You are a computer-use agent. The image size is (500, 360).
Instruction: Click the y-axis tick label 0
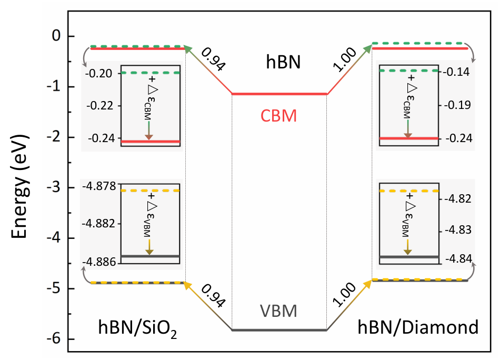[56, 36]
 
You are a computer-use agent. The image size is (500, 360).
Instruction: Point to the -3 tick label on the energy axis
[54, 187]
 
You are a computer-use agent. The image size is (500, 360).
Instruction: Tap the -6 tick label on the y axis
[54, 338]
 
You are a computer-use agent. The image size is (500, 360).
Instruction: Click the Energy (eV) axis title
[20, 186]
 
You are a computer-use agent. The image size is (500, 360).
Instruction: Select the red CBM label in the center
[279, 116]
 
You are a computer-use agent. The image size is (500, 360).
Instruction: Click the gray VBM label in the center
[279, 311]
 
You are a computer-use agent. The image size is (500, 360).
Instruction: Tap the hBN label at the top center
[283, 62]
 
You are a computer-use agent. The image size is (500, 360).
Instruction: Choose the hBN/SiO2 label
[137, 328]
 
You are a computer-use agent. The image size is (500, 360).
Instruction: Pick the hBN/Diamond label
[418, 327]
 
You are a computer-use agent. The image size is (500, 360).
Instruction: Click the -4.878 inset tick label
[99, 186]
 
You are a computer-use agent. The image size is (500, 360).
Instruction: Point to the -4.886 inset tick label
[99, 262]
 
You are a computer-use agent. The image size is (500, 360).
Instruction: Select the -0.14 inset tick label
[457, 72]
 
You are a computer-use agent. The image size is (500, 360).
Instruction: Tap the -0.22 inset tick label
[100, 106]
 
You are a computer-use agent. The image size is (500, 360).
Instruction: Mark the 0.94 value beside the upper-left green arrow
[214, 59]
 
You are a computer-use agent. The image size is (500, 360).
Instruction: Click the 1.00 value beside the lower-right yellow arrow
[344, 294]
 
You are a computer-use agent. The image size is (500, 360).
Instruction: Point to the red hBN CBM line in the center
[279, 94]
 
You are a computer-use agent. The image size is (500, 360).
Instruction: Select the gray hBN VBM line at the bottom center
[279, 330]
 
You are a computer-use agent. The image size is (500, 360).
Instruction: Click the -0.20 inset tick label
[99, 74]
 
